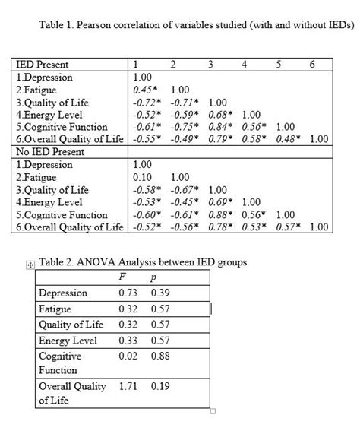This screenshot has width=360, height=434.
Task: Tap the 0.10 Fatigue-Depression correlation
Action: (142, 176)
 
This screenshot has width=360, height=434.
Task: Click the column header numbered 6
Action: (313, 65)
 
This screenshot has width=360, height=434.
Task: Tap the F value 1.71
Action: (130, 386)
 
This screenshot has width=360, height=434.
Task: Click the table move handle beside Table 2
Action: (30, 265)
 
